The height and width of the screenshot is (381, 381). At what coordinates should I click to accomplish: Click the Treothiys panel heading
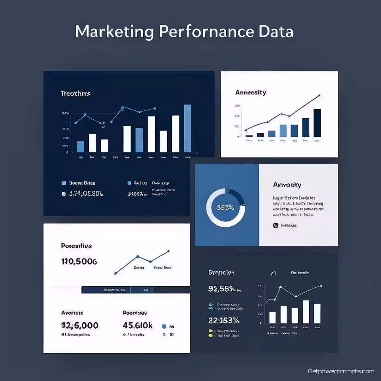pos(75,93)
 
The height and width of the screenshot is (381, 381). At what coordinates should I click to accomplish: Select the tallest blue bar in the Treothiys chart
pos(188,128)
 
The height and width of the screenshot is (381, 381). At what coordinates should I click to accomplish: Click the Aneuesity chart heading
pos(250,92)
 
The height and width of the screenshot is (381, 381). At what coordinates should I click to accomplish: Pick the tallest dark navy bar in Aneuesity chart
pos(317,123)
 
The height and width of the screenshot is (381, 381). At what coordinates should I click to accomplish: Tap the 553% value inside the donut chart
pos(225,207)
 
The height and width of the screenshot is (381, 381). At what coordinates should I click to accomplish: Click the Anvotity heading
pos(287,185)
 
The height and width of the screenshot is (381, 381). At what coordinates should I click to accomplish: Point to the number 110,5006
pos(79,262)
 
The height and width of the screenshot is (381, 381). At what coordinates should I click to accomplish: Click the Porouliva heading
pos(77,246)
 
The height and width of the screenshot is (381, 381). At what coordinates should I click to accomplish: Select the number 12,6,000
pos(80,325)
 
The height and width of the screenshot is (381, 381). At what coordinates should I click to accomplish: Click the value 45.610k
pos(138,325)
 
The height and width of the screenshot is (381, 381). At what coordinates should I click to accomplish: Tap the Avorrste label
pos(72,313)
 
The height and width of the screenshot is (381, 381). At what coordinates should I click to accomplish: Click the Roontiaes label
pos(135,313)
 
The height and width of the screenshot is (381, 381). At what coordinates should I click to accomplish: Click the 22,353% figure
pos(223,320)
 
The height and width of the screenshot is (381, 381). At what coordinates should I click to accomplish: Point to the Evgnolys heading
pos(221,273)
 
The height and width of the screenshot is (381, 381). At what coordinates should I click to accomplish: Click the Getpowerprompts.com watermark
pos(341,371)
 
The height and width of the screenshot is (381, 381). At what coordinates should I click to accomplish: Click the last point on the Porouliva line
pos(168,251)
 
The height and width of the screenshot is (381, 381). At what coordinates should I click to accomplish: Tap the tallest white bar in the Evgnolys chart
pos(306,312)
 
